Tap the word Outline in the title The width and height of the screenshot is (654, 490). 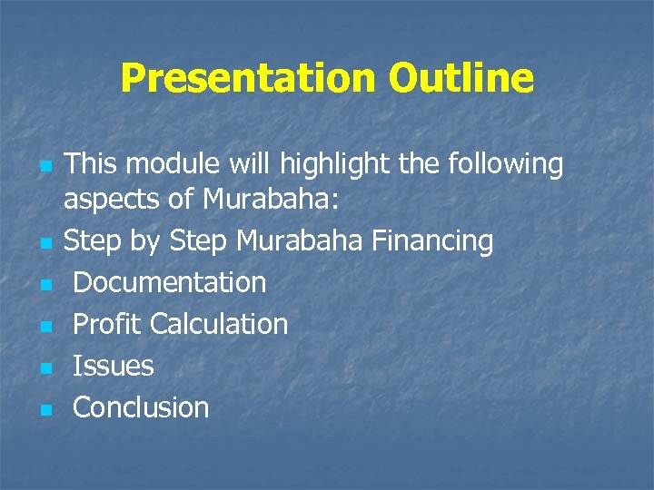point(461,79)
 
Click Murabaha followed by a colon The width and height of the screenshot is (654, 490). point(246,199)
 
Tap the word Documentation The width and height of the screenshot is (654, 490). point(169,282)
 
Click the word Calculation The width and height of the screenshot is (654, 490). point(219,324)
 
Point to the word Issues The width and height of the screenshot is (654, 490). point(113,366)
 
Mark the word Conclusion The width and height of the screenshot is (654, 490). point(141,407)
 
